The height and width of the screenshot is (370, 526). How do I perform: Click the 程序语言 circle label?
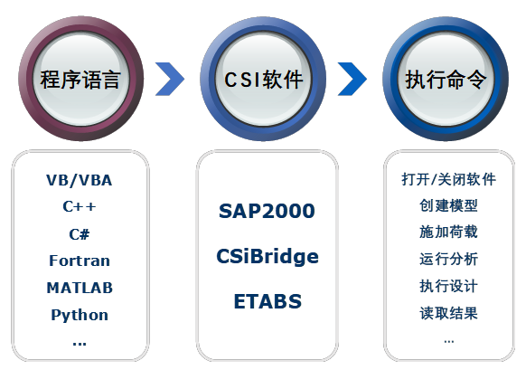point(80,80)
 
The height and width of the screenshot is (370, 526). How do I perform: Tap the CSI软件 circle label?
point(263,80)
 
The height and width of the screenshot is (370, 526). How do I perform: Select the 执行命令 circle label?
point(446,80)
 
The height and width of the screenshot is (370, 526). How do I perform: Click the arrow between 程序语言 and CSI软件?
point(170,79)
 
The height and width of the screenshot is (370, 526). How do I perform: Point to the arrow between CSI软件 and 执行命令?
point(352,79)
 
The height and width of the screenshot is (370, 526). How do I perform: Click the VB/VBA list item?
point(80,180)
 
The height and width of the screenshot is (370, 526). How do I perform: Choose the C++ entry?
point(80,206)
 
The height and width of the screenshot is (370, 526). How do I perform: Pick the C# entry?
point(80,234)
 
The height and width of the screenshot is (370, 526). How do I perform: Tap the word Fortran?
point(80,261)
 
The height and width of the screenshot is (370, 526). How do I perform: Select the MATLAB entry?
point(80,288)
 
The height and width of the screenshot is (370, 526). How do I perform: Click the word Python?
point(80,316)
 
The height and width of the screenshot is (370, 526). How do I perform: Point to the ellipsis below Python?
point(80,344)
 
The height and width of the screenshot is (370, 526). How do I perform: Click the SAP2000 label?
point(267,211)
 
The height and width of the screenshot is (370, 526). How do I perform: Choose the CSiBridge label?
point(268,257)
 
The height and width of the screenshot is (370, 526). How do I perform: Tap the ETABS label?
point(268,301)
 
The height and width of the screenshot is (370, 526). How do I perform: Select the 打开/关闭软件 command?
point(449,179)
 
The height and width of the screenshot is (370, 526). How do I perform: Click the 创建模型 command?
point(449,205)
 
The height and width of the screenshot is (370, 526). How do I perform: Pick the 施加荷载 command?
point(449,232)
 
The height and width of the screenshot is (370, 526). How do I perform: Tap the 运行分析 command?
point(449,259)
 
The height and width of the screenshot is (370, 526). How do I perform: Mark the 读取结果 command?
point(449,313)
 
